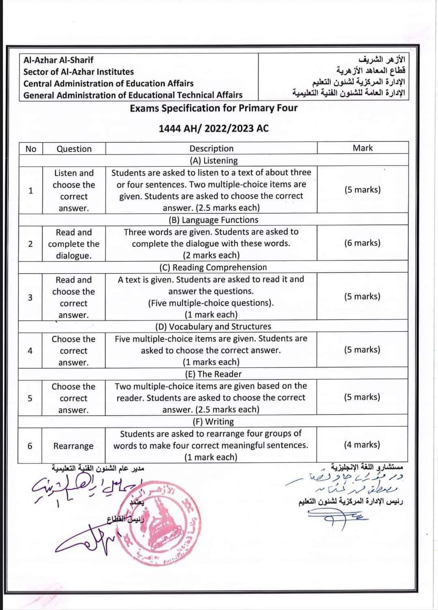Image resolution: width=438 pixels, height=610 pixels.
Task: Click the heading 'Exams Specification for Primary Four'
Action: [214, 108]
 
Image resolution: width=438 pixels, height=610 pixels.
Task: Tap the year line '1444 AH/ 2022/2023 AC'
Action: [214, 129]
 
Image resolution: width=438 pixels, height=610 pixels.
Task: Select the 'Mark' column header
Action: [362, 148]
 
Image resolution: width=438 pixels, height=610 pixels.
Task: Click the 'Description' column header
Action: [211, 148]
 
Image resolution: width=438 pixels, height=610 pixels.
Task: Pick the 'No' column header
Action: [31, 149]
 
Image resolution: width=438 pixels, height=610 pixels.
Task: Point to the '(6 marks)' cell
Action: [362, 243]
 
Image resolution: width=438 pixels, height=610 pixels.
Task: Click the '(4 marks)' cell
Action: [362, 445]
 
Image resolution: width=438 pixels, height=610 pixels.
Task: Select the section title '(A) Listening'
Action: [214, 161]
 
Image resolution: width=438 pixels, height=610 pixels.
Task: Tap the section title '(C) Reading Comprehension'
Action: [213, 267]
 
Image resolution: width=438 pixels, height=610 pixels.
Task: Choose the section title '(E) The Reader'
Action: [213, 374]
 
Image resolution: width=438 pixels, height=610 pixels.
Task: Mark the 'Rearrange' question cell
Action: [73, 446]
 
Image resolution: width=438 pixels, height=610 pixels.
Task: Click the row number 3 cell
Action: [30, 297]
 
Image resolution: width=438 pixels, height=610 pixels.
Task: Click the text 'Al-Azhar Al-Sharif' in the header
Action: [58, 60]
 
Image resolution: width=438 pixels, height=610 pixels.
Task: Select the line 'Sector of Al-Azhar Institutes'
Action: [78, 72]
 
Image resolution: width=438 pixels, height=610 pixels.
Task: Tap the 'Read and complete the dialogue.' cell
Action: [73, 244]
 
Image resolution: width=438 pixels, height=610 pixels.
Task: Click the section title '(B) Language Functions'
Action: [213, 220]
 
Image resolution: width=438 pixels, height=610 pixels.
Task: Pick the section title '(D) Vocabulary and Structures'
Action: [213, 326]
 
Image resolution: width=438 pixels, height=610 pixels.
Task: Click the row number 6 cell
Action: [30, 446]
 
